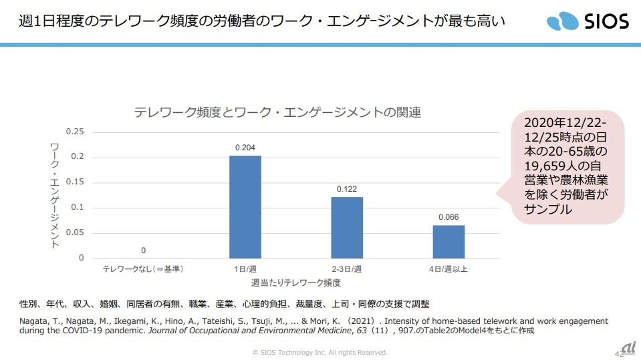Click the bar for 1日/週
point(245,207)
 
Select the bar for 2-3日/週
point(347,227)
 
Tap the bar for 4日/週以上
point(448,241)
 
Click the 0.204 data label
point(245,147)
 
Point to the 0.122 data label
point(347,188)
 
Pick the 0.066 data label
point(448,217)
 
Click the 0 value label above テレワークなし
point(143,250)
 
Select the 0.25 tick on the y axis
point(76,132)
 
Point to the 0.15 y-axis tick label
point(76,182)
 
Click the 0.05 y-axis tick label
point(76,232)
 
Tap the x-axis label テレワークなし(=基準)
point(143,268)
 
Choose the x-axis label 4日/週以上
point(448,268)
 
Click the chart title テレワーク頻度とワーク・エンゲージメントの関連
point(277,112)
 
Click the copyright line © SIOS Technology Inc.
point(319,352)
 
